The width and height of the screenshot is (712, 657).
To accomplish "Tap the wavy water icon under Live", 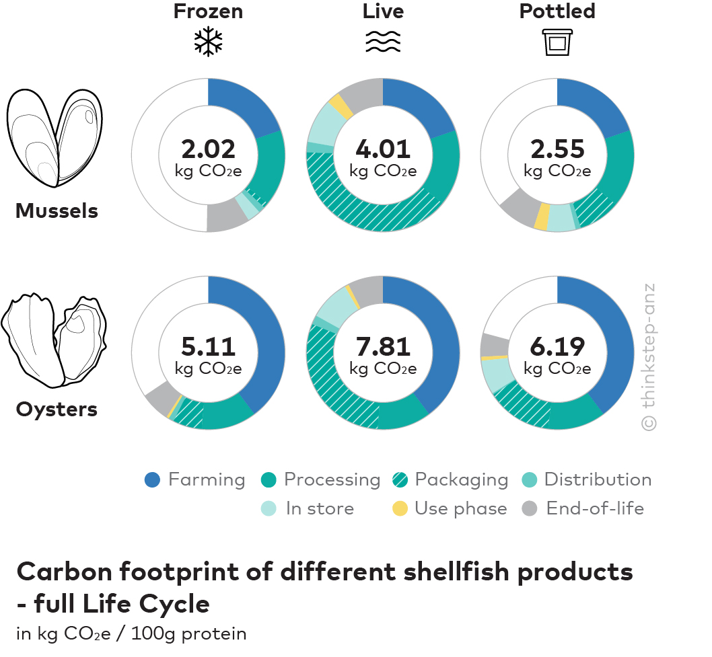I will (383, 42).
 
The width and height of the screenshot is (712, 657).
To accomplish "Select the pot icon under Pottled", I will (557, 42).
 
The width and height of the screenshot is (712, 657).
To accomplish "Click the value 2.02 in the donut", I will (208, 149).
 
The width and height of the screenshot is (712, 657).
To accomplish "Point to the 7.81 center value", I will (383, 346).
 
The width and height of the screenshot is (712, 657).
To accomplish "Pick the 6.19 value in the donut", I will (557, 346).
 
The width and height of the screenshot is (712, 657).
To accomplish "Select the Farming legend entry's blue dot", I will (153, 480).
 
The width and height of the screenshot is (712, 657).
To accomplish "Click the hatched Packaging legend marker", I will (400, 480).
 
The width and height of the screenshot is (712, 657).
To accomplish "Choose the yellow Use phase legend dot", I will (400, 509).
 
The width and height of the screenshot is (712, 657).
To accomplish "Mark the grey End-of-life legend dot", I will (531, 509).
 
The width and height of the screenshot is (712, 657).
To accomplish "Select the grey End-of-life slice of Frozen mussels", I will (225, 217).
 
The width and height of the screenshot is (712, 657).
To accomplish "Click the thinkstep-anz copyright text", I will (648, 356).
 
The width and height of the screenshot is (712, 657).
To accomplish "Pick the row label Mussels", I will (57, 211).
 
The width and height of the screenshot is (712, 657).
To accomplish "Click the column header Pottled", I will (557, 11).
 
